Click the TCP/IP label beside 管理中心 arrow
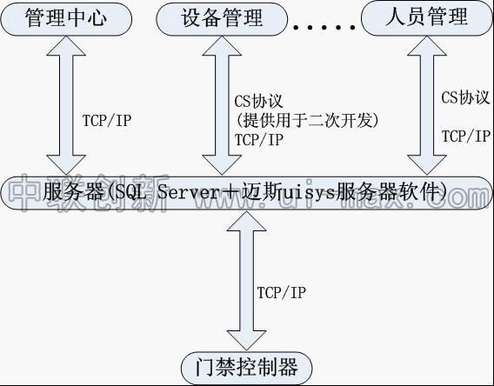tap(106, 121)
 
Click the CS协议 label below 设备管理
tap(260, 101)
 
